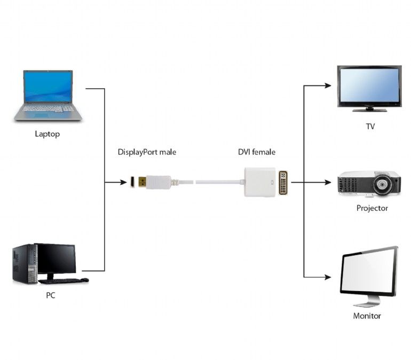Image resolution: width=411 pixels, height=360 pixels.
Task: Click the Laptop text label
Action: [x=47, y=134]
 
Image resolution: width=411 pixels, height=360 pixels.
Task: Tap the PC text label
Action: [x=51, y=295]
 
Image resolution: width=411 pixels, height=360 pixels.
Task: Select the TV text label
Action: [x=370, y=127]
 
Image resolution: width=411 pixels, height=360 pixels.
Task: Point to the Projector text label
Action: [x=372, y=208]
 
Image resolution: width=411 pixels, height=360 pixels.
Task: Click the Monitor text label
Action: [x=367, y=316]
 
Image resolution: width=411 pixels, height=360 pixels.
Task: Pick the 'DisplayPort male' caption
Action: [x=147, y=152]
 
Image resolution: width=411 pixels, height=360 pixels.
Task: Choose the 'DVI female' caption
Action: [x=256, y=152]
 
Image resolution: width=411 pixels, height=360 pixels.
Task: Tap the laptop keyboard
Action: [x=48, y=108]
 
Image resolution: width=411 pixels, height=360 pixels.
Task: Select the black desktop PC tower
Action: [x=24, y=264]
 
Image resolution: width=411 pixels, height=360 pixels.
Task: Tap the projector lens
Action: [x=383, y=186]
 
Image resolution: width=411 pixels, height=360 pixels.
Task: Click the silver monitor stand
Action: [x=367, y=302]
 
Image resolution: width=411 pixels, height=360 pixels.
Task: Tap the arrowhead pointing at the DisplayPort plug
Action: [x=123, y=183]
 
